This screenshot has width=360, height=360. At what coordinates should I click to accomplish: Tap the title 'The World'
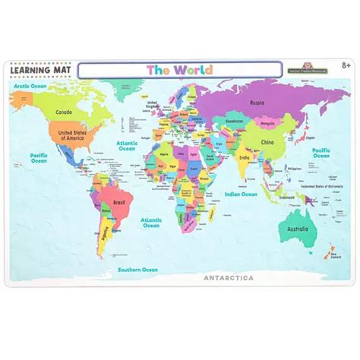point(179,70)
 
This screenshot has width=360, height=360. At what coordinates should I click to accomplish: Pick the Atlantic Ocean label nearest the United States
point(127,145)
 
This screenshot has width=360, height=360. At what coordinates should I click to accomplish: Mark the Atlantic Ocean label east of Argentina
point(151,222)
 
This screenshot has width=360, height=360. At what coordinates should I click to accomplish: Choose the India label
point(245,158)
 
